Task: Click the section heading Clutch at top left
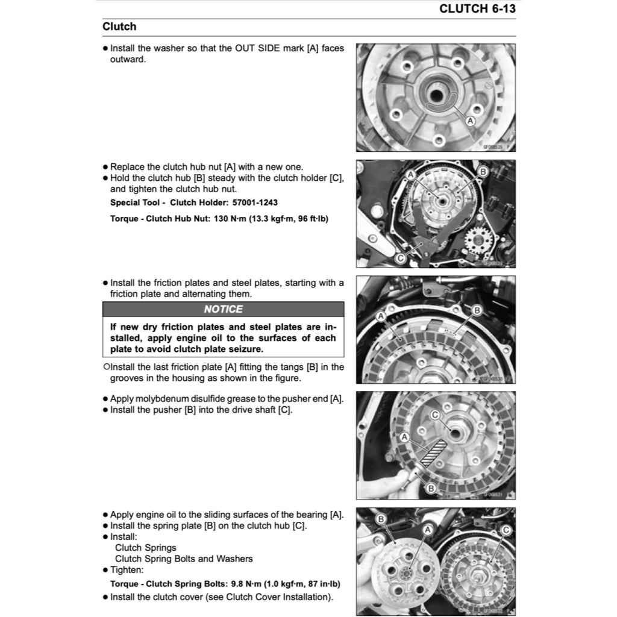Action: (119, 27)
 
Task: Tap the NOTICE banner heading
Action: (223, 309)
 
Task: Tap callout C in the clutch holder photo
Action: (401, 258)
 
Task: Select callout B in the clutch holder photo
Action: (482, 172)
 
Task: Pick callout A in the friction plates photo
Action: (381, 316)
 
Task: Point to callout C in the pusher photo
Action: (435, 415)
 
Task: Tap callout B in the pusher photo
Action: (430, 487)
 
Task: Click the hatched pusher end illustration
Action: (435, 452)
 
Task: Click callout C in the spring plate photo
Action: (506, 530)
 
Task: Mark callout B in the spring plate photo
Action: (381, 519)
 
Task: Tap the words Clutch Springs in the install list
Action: (146, 548)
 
